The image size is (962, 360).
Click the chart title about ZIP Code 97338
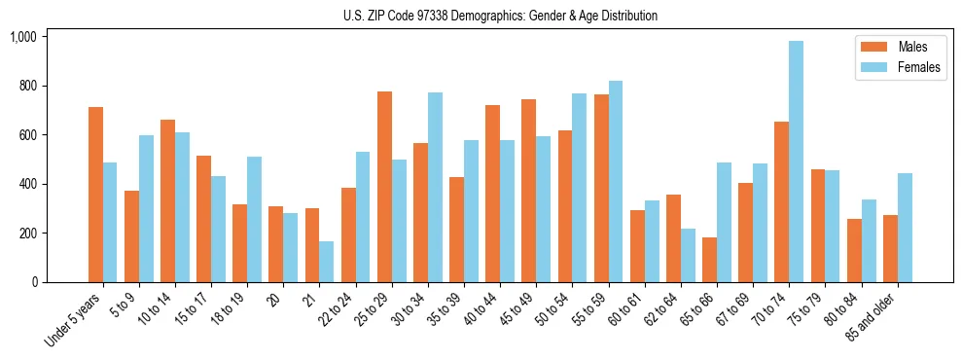(500, 16)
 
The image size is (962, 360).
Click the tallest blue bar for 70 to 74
(797, 162)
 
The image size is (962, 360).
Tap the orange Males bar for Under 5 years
(95, 195)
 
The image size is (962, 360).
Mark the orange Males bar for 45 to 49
(529, 191)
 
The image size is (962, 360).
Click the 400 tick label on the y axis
(27, 184)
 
